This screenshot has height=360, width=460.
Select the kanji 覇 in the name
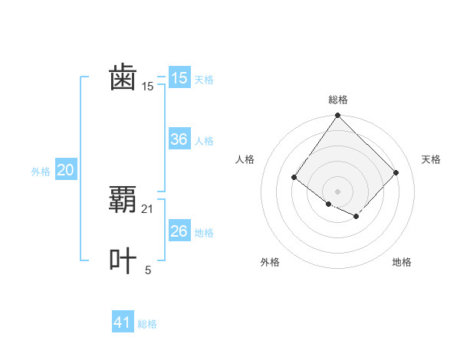123,200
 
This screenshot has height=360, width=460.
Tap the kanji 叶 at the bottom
123,261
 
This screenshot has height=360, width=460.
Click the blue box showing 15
179,78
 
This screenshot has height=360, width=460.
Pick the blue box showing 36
179,139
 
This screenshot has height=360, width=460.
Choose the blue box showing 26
179,231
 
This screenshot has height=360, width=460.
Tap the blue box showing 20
66,170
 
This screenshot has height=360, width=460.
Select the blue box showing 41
123,322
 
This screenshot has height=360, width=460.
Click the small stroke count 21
148,208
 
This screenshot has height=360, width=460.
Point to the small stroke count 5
148,270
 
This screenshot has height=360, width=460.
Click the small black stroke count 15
148,87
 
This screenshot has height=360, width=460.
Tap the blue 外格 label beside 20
41,172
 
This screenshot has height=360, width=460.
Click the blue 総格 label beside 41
147,324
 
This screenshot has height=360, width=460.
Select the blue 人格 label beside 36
204,141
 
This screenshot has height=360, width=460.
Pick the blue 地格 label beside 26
204,233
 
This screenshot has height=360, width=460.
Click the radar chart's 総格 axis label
338,100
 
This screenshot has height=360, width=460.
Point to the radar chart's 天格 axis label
431,159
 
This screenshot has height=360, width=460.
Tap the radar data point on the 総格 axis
338,116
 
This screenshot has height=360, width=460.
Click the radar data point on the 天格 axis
396,172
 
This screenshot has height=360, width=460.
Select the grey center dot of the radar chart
338,191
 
